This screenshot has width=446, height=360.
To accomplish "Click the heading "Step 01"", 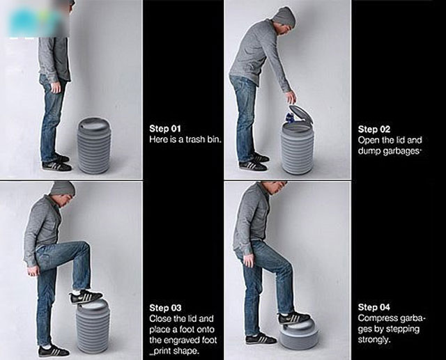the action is click(x=165, y=129).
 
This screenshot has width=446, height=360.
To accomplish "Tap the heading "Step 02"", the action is click(x=374, y=130).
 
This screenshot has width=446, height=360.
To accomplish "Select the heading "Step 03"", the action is click(x=165, y=308).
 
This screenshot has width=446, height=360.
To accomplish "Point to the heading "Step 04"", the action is click(x=374, y=307).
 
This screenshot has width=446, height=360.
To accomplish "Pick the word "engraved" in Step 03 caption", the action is click(x=181, y=340).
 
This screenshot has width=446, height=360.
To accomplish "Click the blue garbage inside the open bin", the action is click(x=290, y=118).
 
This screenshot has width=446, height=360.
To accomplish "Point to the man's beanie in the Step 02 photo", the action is click(x=284, y=16).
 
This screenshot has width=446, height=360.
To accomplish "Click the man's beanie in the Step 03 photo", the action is click(x=63, y=188).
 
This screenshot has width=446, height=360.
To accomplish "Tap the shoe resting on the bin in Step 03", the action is click(x=86, y=297).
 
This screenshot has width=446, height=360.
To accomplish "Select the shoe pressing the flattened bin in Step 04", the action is click(x=294, y=318).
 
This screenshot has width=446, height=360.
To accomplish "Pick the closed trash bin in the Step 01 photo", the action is click(x=94, y=146).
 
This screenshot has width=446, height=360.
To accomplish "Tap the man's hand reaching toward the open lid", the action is click(x=291, y=97).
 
